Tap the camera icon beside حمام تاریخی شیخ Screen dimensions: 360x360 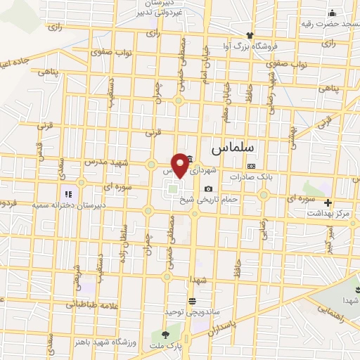click(209, 188)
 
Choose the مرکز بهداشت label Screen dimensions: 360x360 click(330, 212)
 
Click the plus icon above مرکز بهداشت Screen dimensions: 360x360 click(328, 202)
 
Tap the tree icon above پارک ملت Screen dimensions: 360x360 click(166, 335)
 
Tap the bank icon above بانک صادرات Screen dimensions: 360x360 click(251, 166)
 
